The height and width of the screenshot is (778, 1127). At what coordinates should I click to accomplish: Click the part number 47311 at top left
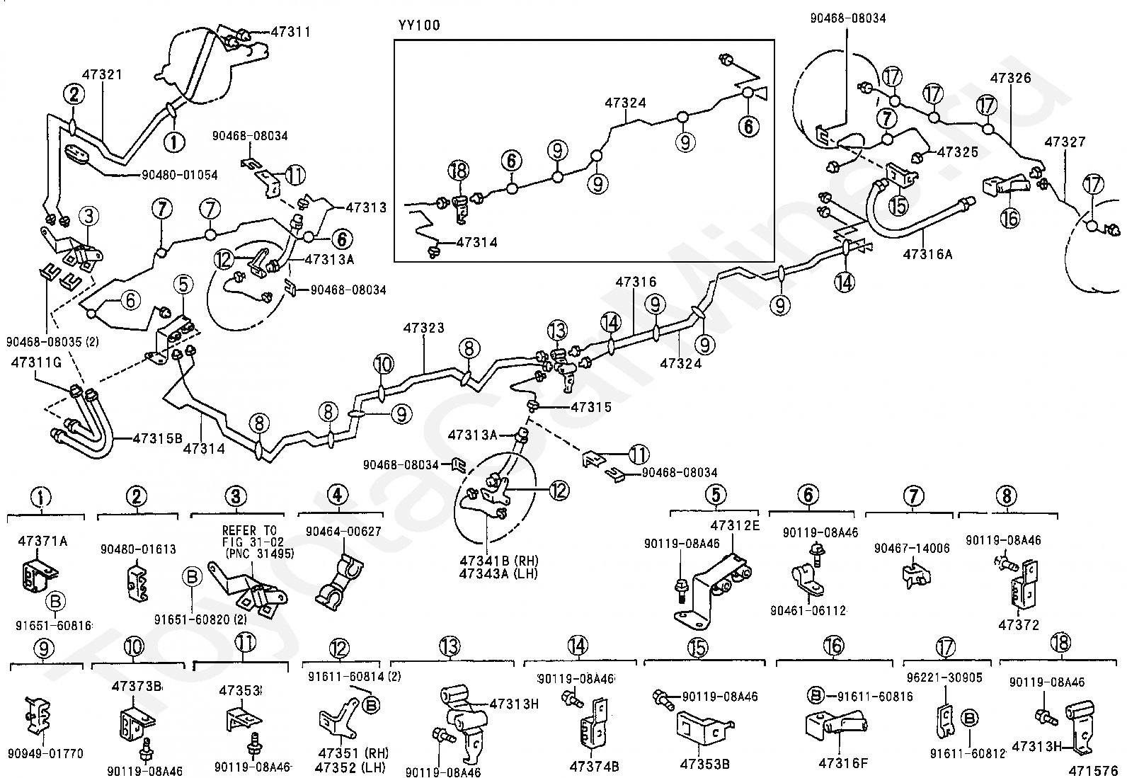(291, 32)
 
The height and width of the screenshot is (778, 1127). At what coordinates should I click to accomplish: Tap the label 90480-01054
(180, 175)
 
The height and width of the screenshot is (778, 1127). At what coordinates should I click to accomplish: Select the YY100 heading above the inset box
(419, 25)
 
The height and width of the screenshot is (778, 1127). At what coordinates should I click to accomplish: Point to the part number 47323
(423, 328)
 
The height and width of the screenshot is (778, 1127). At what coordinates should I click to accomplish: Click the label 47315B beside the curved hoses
(157, 438)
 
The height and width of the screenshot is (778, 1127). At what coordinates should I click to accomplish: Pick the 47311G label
(36, 362)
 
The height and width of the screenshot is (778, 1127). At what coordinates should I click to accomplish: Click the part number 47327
(1065, 142)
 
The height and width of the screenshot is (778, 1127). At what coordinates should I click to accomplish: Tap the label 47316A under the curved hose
(928, 254)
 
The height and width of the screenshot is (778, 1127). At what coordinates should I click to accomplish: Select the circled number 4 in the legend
(337, 495)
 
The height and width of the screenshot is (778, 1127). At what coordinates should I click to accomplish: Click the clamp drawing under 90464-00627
(339, 580)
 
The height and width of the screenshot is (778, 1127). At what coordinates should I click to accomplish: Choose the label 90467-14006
(912, 548)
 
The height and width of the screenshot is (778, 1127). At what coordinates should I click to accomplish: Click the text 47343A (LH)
(498, 573)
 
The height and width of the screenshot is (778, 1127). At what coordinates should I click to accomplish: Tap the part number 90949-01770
(46, 754)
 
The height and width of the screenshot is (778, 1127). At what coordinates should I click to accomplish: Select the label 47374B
(594, 767)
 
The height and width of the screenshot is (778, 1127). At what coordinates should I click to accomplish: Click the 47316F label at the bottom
(843, 763)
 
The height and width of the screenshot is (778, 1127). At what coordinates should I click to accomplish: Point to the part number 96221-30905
(944, 677)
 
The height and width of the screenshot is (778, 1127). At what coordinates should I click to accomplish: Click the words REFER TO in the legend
(250, 530)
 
